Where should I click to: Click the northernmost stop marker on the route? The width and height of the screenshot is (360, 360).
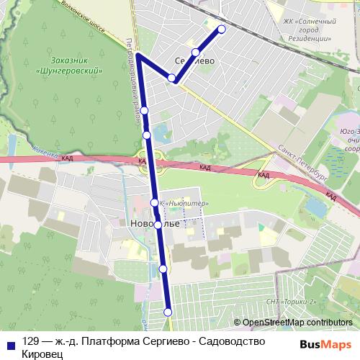tap(221, 30)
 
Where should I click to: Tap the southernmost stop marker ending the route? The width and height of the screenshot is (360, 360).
tap(168, 312)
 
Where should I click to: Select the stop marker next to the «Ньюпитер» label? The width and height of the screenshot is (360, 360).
tap(154, 202)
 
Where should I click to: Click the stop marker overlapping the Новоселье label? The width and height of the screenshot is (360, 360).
tap(158, 225)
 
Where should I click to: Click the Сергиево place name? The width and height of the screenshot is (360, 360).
tap(195, 62)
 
